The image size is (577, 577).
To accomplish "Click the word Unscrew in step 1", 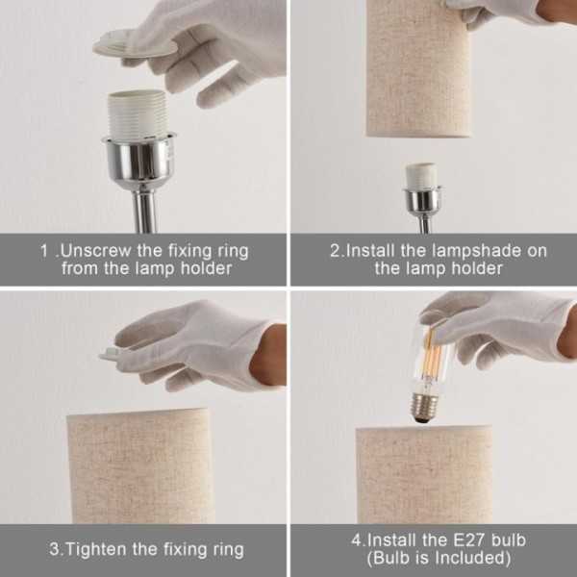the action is click(x=95, y=251).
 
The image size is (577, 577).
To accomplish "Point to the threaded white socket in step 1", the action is click(x=138, y=114).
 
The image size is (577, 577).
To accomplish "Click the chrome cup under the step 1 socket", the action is click(x=139, y=159).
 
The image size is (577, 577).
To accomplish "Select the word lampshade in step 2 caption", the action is click(x=477, y=252).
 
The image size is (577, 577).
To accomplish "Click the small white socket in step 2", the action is click(x=422, y=176).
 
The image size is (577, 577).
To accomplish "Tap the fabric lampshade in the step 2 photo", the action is click(x=419, y=70).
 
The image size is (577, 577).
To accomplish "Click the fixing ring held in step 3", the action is click(x=111, y=354).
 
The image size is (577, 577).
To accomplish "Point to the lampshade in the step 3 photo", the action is click(x=139, y=466).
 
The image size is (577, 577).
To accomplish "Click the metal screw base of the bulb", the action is click(x=425, y=407).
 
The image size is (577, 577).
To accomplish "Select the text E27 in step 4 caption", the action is click(x=468, y=540).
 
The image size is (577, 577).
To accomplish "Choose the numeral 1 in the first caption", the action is click(x=44, y=252).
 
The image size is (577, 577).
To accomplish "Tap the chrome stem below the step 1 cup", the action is click(x=144, y=209).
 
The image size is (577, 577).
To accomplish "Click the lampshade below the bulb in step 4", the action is click(x=424, y=475).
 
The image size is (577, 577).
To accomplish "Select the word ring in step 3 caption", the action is click(x=228, y=550).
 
